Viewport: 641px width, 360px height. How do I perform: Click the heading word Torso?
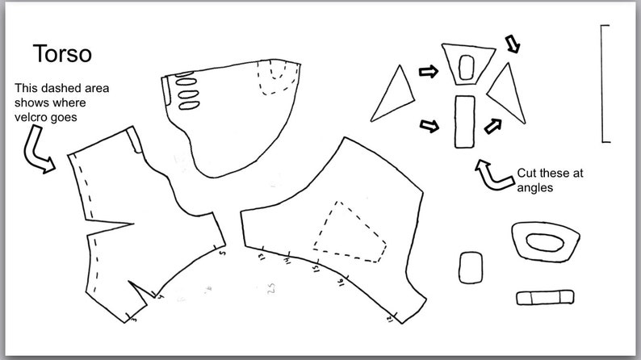(62, 53)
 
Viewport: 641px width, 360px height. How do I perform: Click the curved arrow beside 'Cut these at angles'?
(488, 171)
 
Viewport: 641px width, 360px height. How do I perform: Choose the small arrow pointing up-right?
(492, 123)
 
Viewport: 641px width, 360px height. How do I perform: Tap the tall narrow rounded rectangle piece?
(463, 121)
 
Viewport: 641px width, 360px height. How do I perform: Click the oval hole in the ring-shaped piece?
(546, 241)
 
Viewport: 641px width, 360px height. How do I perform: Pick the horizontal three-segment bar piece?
(545, 296)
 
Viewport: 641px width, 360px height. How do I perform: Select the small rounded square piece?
(471, 267)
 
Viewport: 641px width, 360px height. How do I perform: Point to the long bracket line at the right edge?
(604, 83)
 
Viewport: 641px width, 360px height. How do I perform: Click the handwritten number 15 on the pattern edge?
(316, 265)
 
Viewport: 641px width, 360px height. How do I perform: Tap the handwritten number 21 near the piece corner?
(391, 320)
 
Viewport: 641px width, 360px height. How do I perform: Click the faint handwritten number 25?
(272, 288)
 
